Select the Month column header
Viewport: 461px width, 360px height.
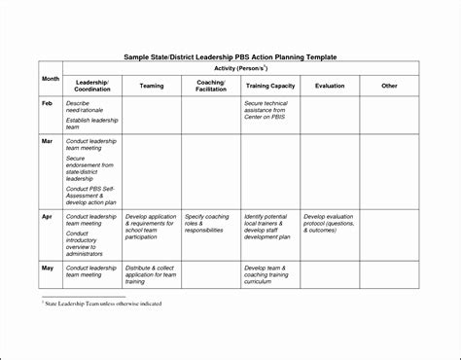click(51, 78)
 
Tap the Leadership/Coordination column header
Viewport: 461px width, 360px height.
click(91, 86)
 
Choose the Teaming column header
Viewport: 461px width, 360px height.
click(152, 86)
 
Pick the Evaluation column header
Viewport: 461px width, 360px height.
click(330, 86)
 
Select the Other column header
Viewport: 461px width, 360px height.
click(389, 86)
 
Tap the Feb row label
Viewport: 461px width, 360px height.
click(47, 102)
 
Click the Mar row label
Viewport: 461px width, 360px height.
click(47, 141)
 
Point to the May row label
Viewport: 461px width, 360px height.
click(47, 267)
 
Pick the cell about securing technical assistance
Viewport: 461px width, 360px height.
click(269, 110)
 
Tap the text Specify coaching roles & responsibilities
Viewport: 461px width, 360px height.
click(208, 224)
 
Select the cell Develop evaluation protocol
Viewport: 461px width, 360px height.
click(332, 224)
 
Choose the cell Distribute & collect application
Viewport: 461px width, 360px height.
click(152, 274)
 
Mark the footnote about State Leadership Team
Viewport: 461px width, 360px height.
click(102, 304)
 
